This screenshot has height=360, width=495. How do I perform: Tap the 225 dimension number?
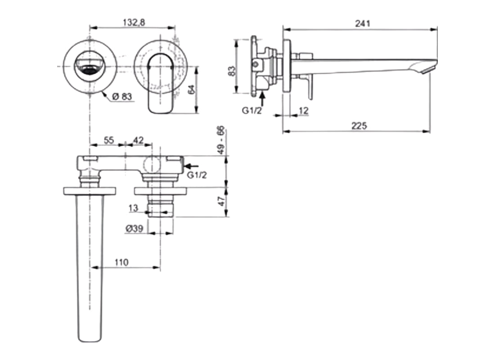click(x=360, y=126)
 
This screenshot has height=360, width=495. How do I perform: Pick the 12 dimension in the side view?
click(x=303, y=111)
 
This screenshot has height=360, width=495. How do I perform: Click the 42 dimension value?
click(x=138, y=140)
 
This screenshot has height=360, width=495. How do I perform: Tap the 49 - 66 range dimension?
click(x=221, y=141)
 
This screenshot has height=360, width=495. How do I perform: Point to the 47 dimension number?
click(x=221, y=201)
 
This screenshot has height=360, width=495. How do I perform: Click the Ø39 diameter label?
click(x=135, y=228)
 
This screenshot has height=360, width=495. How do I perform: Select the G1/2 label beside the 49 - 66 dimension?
click(x=196, y=175)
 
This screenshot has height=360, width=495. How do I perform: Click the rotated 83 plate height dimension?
click(x=231, y=72)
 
